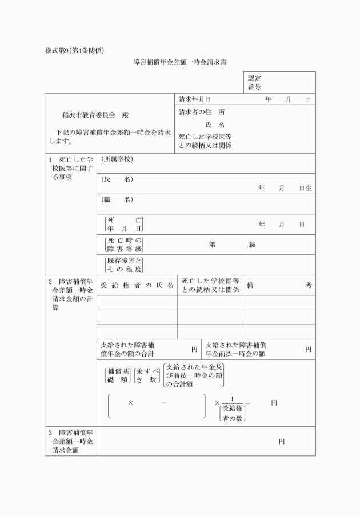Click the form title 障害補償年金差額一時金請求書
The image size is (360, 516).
(x=180, y=61)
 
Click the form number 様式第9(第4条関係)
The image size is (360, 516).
(x=74, y=50)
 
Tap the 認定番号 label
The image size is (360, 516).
(x=255, y=82)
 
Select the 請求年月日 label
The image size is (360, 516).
(x=195, y=99)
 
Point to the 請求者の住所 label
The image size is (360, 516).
(x=202, y=112)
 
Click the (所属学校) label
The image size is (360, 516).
(x=117, y=159)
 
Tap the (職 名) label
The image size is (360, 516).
(x=117, y=199)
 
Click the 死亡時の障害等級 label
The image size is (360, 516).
(x=124, y=244)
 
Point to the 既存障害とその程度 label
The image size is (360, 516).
(x=124, y=265)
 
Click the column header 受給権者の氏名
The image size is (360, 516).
(x=137, y=285)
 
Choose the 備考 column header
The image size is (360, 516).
(x=279, y=285)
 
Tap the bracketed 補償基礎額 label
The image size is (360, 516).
(x=118, y=375)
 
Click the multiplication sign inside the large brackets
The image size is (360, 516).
(x=130, y=403)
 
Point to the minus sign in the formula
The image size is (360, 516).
(x=164, y=403)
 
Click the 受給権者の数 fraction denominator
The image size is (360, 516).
(x=233, y=413)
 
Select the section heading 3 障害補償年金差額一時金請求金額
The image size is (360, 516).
(x=70, y=441)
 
